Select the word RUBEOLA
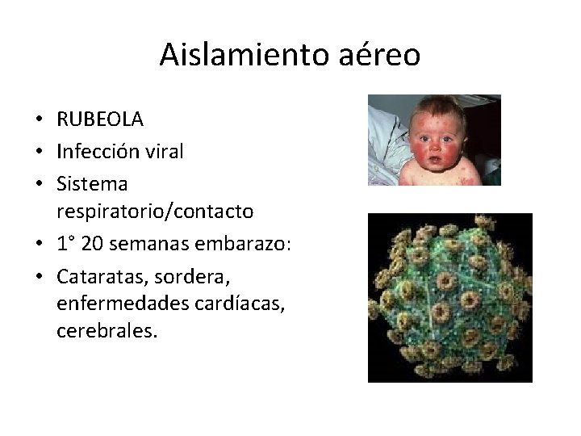100,119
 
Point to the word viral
163,151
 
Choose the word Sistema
92,183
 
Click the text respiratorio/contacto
155,212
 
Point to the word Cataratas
95,276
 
